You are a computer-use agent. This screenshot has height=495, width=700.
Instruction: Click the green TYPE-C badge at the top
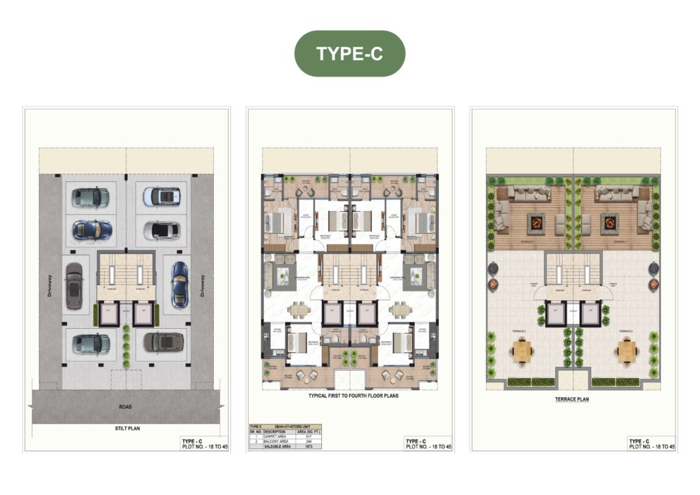[349, 53]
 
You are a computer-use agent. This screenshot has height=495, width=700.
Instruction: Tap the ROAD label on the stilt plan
[125, 406]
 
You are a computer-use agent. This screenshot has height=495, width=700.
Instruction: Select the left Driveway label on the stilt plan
[49, 283]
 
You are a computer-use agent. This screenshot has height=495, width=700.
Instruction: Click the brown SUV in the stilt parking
[163, 342]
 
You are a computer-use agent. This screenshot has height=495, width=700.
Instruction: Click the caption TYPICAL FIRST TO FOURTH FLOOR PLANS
[349, 395]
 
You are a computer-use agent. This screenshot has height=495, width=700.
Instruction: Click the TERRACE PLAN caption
[573, 399]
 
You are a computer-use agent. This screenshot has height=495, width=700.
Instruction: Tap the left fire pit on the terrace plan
[535, 222]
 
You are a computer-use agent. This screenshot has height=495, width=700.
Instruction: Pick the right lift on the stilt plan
[142, 315]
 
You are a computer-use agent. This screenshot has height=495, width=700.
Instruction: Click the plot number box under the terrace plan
[651, 443]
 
